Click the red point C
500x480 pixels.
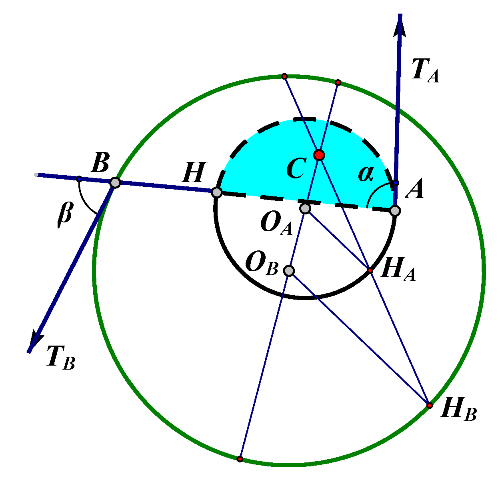319,155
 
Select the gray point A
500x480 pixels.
395,211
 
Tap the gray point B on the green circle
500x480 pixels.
115,183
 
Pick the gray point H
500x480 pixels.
216,192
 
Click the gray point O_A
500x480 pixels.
305,208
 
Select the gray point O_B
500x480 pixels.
289,271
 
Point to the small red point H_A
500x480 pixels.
370,271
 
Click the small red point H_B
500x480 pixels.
429,406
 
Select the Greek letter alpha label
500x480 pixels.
365,174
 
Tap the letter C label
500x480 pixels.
296,168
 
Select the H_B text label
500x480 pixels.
458,410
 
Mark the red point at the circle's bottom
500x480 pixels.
240,459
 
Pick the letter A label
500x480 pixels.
414,189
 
